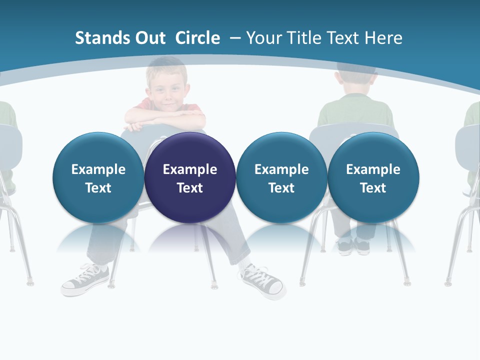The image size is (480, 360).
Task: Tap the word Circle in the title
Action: pyautogui.click(x=197, y=38)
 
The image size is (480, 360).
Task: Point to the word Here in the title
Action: pyautogui.click(x=383, y=38)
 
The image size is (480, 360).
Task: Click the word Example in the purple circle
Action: pyautogui.click(x=190, y=169)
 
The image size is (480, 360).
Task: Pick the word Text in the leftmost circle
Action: pyautogui.click(x=98, y=188)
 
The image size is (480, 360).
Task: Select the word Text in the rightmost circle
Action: pyautogui.click(x=373, y=188)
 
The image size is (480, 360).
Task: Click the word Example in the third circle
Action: pyautogui.click(x=281, y=169)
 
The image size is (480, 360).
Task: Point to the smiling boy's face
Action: pyautogui.click(x=167, y=90)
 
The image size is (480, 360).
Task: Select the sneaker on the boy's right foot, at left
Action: pyautogui.click(x=85, y=279)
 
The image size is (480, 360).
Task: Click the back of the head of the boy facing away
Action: pyautogui.click(x=356, y=80)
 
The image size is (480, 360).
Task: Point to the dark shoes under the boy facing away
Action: pyautogui.click(x=353, y=244)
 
